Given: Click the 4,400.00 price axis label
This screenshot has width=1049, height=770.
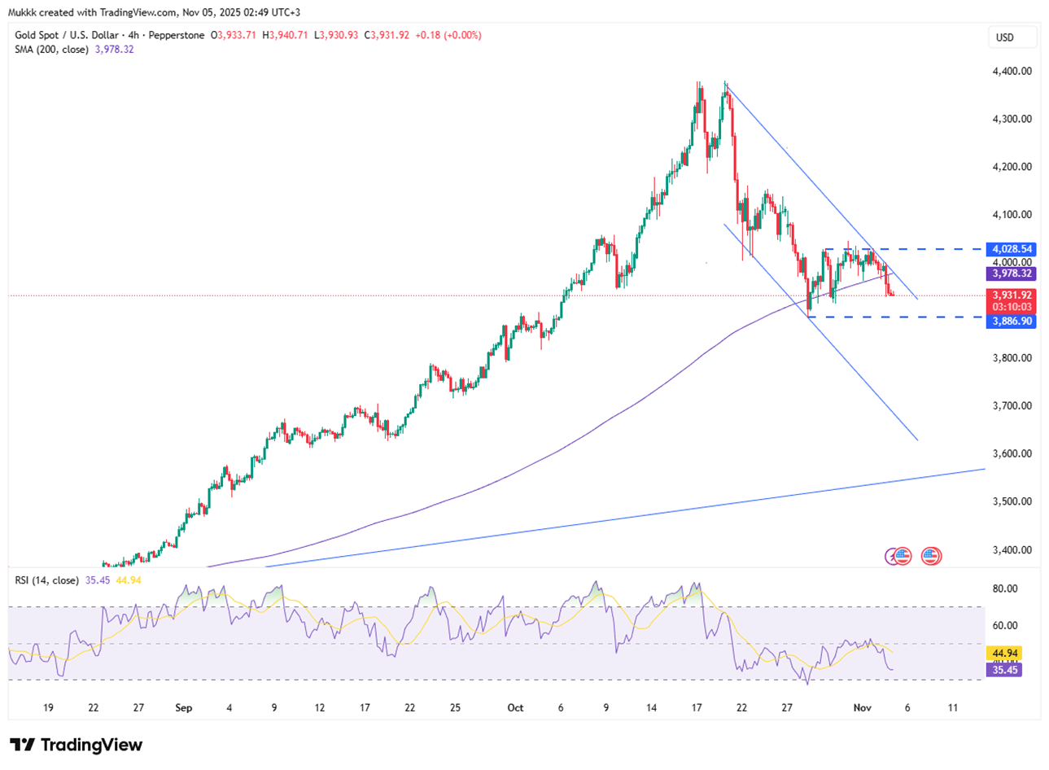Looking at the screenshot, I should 1012,71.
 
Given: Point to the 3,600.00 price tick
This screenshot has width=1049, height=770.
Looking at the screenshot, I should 1012,453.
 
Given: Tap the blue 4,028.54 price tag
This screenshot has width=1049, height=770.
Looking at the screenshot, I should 1012,249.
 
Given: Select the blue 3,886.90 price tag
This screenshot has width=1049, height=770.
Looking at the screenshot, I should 1012,322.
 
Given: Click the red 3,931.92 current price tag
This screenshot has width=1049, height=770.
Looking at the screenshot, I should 1012,295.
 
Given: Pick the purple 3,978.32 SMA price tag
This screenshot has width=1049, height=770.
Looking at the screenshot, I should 1012,274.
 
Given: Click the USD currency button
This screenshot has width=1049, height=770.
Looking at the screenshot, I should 1004,37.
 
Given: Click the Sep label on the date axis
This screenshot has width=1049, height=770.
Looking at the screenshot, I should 184,707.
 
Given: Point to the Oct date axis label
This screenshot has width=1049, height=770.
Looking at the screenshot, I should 515,707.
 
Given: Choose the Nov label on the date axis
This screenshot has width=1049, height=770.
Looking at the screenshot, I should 862,707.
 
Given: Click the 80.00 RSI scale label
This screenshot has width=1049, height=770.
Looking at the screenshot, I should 1005,588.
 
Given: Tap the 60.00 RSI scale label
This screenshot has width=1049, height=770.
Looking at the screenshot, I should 1005,625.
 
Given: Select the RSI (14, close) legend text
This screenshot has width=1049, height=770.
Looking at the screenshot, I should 46,580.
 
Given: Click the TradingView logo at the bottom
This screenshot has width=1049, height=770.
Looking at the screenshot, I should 76,745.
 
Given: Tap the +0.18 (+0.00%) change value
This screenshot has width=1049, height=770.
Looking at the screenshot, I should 448,36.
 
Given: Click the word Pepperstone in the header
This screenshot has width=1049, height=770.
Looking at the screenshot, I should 177,36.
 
